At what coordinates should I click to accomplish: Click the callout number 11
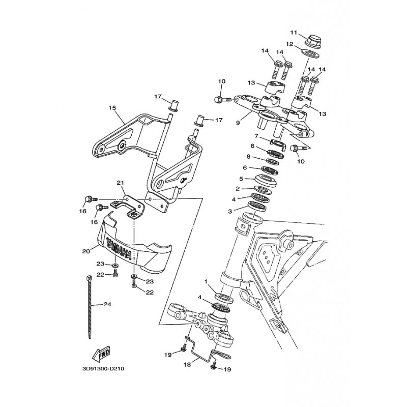[294, 33]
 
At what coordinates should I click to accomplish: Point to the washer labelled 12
[310, 54]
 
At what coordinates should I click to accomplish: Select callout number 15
[112, 107]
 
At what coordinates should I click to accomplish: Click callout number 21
[120, 183]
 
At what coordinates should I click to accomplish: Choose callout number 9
[238, 123]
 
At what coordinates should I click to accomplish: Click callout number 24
[107, 304]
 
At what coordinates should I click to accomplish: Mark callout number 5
[241, 179]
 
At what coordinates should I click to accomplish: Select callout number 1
[206, 281]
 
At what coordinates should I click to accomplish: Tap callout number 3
[230, 212]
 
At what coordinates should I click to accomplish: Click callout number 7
[256, 136]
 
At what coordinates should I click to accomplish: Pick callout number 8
[248, 157]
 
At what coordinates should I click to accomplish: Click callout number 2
[238, 189]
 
